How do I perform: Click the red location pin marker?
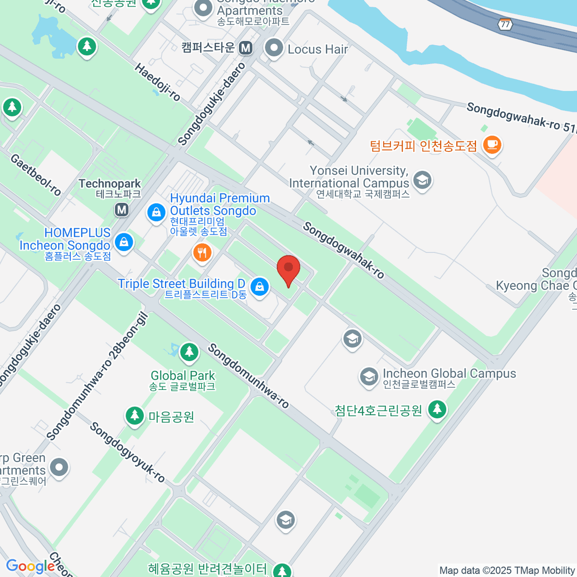(x=288, y=268)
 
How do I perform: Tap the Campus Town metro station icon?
(x=246, y=48)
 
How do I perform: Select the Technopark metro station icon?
(x=122, y=209)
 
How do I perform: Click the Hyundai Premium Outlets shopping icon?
(x=156, y=212)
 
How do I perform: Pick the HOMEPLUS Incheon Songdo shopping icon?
(x=124, y=242)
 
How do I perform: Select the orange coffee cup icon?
(x=492, y=144)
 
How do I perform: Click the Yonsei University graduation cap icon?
(x=422, y=180)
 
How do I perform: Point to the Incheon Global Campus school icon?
(x=369, y=376)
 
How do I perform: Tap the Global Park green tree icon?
(x=189, y=352)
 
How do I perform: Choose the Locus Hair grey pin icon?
(x=275, y=48)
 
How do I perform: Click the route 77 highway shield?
(x=504, y=24)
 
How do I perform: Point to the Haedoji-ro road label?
(x=157, y=82)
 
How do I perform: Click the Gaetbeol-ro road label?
(x=36, y=175)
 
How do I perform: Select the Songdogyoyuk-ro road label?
(x=127, y=452)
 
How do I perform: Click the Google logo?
(x=30, y=566)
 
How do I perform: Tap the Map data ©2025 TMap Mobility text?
(x=507, y=570)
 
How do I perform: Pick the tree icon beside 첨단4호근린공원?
(x=437, y=410)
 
